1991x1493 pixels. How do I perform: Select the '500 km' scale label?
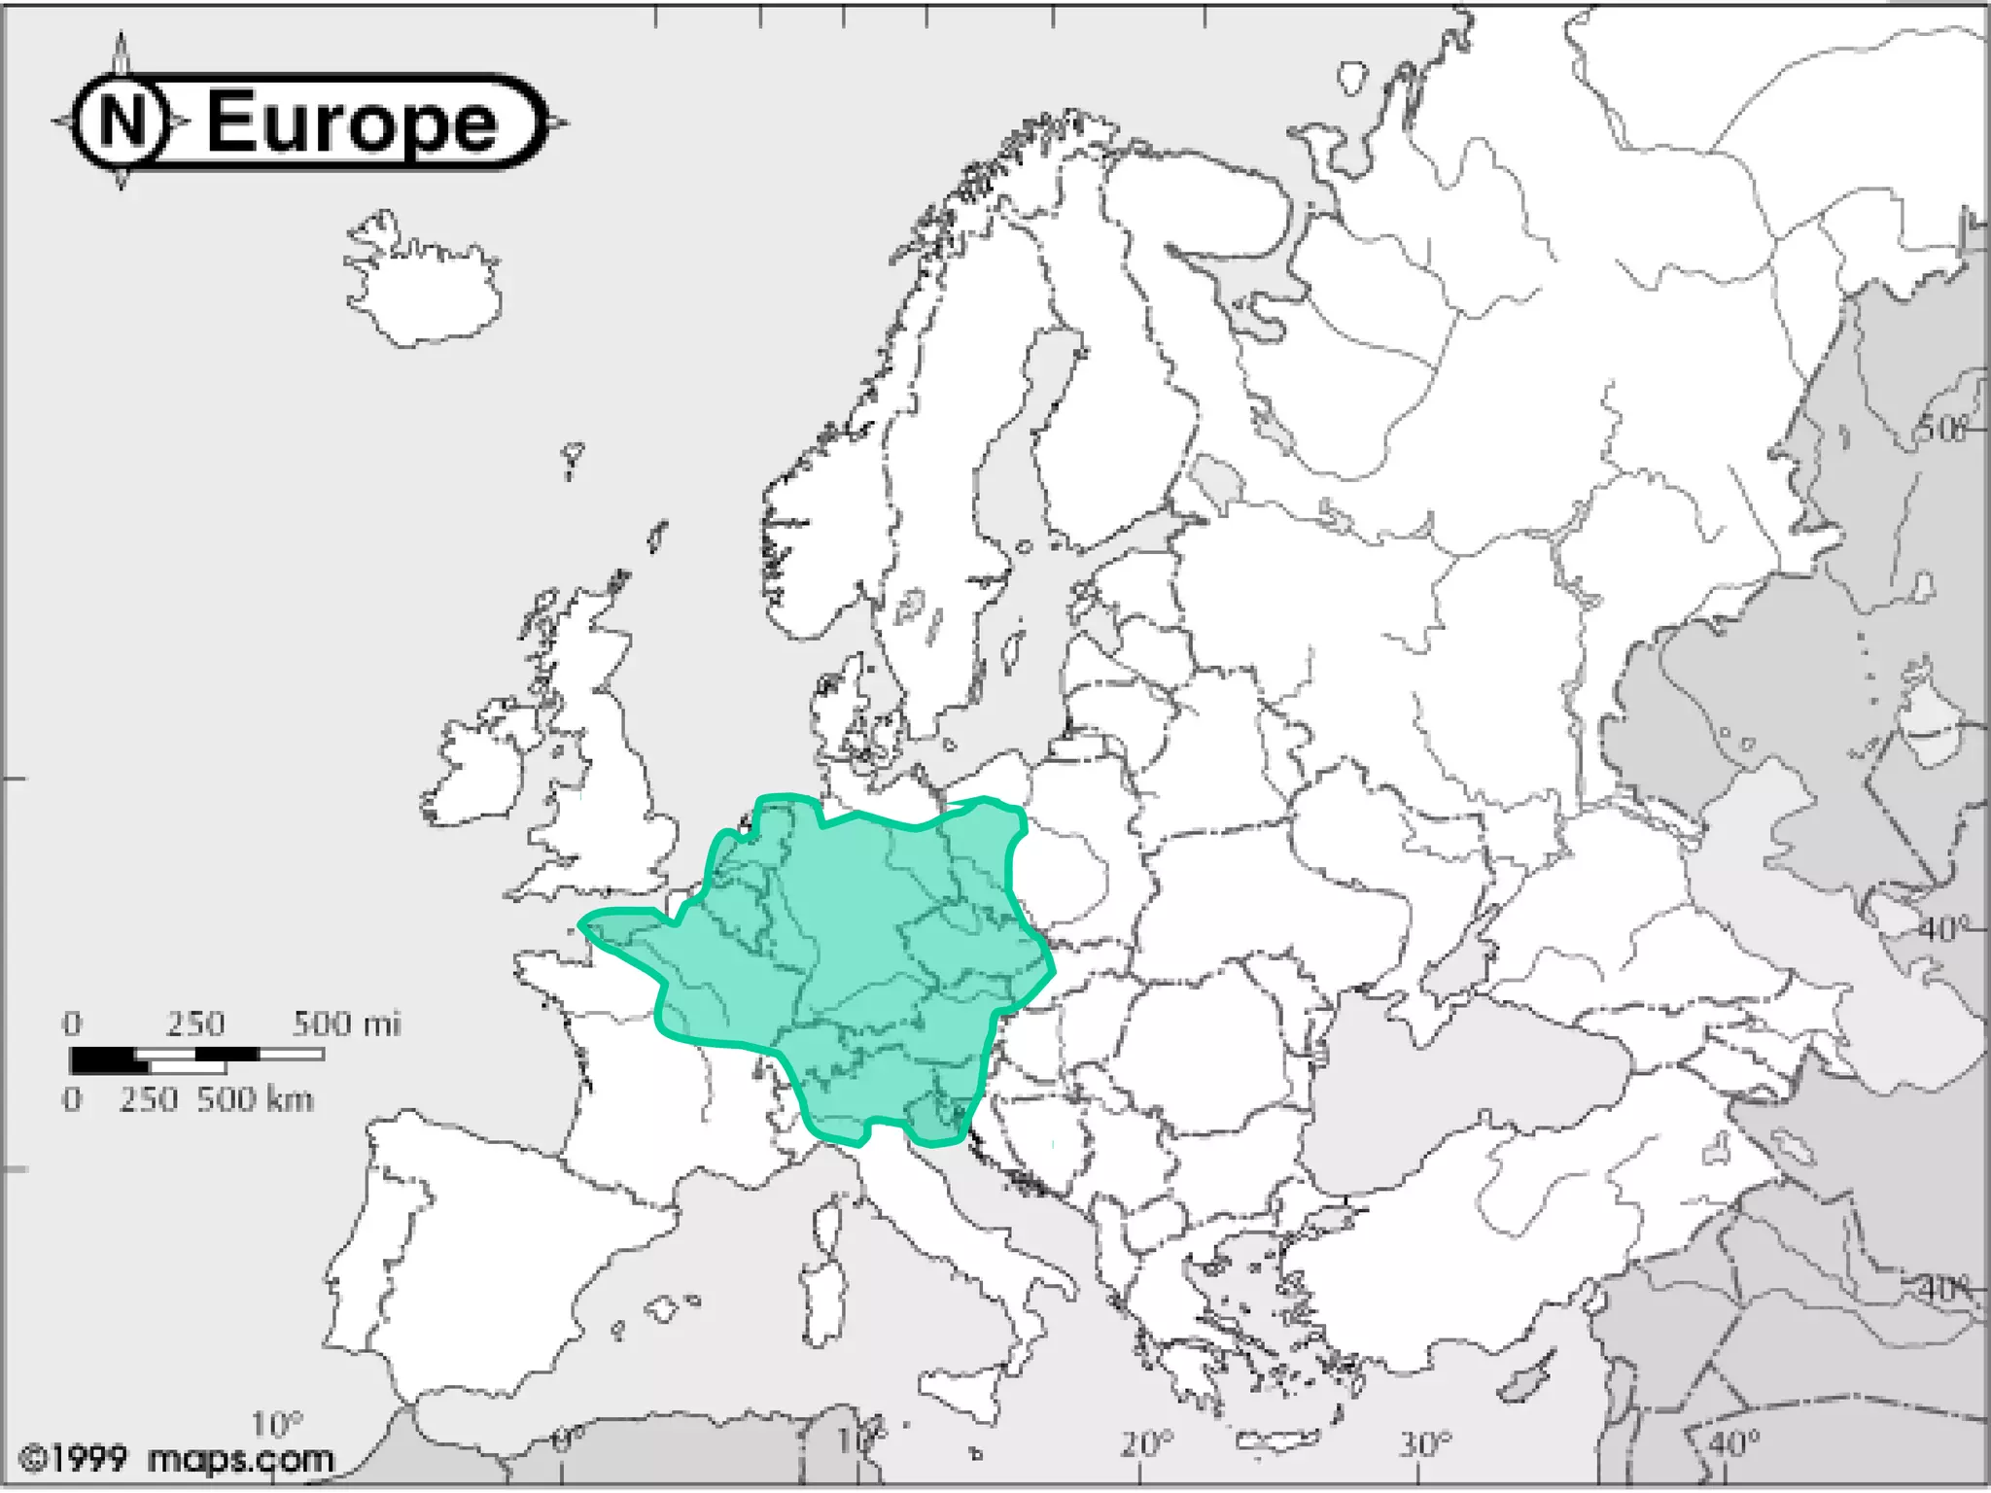pyautogui.click(x=255, y=1099)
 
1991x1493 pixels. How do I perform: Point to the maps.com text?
pyautogui.click(x=241, y=1459)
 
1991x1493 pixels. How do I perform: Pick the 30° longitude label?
pyautogui.click(x=1425, y=1444)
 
